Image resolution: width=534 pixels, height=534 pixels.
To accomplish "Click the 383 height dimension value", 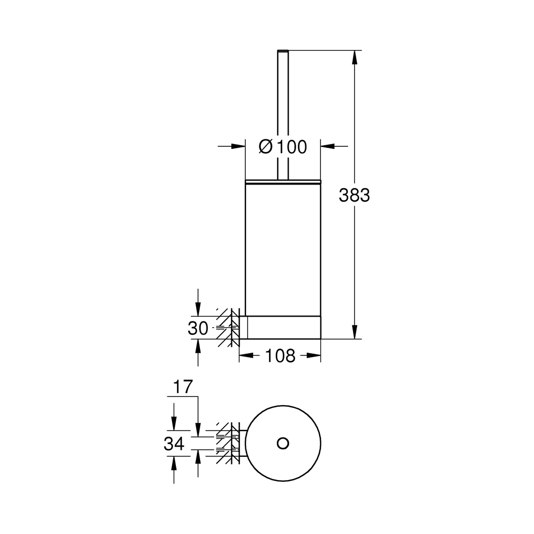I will (354, 195).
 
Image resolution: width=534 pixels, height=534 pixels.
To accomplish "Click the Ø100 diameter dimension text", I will (282, 146).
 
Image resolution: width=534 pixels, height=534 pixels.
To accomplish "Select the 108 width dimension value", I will (280, 355).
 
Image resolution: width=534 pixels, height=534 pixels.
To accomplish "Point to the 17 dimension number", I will (183, 386).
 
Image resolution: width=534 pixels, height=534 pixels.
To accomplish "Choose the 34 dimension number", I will (174, 444).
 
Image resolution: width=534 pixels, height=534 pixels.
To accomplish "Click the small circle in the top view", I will (282, 443).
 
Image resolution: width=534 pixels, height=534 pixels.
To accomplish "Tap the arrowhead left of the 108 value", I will (245, 355).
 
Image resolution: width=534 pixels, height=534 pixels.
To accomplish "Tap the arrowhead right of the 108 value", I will (314, 355).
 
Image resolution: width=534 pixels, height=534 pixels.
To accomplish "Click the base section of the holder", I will (283, 327).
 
